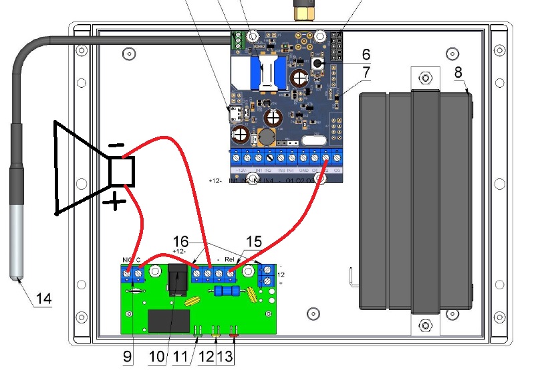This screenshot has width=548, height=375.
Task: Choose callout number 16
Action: [181, 241]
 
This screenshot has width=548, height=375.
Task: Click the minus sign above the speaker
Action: [116, 145]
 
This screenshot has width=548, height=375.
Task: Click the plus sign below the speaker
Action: [116, 200]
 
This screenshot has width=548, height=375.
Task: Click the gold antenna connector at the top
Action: [304, 11]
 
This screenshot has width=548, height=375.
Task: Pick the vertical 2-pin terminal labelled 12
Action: [265, 275]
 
